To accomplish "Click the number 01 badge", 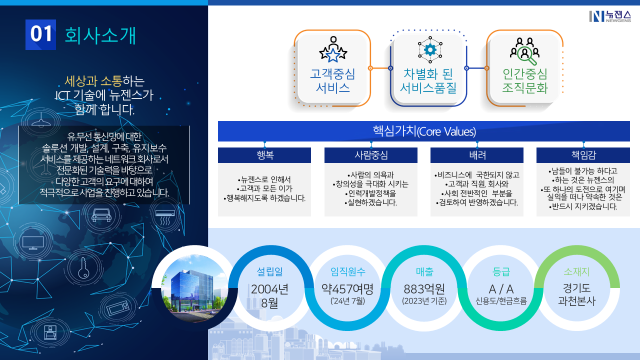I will (40, 34).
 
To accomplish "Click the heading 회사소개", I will (100, 35).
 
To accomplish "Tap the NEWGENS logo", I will (610, 16).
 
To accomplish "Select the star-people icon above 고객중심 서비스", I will (332, 49).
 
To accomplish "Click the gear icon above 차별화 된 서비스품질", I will (429, 49).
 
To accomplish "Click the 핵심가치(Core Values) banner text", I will (424, 131).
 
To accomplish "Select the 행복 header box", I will (264, 155).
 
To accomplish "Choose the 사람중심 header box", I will (370, 155).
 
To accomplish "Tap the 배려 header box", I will (476, 155).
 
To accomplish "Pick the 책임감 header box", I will (583, 155).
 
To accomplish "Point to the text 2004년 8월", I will (270, 295).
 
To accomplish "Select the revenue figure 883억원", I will (424, 289).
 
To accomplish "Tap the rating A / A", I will (501, 289).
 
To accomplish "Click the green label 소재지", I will (577, 272).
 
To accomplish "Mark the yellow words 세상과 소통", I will (93, 80).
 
